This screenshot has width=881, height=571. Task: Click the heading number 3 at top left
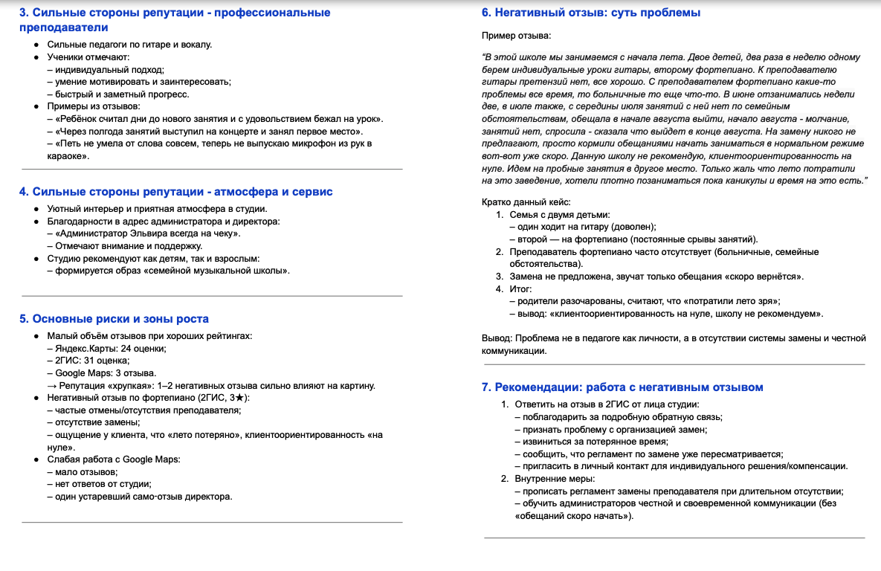(x=24, y=13)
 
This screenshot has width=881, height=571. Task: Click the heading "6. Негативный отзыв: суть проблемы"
(x=591, y=13)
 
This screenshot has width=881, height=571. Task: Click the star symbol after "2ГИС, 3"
(x=239, y=398)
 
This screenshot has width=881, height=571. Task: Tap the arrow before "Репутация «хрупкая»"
(x=51, y=385)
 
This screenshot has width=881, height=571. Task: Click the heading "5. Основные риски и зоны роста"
(x=114, y=319)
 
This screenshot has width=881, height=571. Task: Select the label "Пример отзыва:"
(x=516, y=35)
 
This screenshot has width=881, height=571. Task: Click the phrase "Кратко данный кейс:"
(x=526, y=202)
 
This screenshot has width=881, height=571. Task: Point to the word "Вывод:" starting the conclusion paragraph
(x=497, y=339)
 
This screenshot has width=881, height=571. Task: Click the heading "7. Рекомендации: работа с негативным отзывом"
(x=622, y=387)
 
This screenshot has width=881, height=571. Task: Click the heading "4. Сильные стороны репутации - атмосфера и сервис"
(x=175, y=192)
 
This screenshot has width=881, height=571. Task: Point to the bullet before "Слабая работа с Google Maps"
(x=36, y=459)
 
